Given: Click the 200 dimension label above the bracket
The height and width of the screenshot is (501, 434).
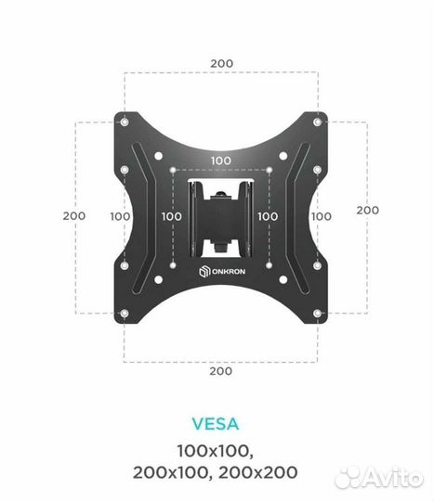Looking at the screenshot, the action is pyautogui.click(x=221, y=63).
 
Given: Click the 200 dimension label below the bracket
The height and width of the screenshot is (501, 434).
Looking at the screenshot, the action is pyautogui.click(x=221, y=371).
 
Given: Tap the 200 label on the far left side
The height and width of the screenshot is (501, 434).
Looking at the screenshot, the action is pyautogui.click(x=74, y=215).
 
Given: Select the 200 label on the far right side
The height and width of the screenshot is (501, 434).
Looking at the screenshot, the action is pyautogui.click(x=368, y=210).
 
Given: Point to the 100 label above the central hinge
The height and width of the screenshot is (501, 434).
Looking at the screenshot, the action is pyautogui.click(x=221, y=161).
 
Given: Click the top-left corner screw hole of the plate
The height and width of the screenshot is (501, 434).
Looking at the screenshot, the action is pyautogui.click(x=125, y=122).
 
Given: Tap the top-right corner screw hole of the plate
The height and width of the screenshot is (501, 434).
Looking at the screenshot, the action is pyautogui.click(x=317, y=122).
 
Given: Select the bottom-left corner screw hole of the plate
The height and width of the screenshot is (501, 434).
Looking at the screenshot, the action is pyautogui.click(x=125, y=314).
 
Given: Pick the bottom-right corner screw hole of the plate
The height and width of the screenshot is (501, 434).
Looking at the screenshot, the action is pyautogui.click(x=317, y=314).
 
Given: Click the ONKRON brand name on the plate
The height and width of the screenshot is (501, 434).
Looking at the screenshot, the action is pyautogui.click(x=229, y=271).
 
